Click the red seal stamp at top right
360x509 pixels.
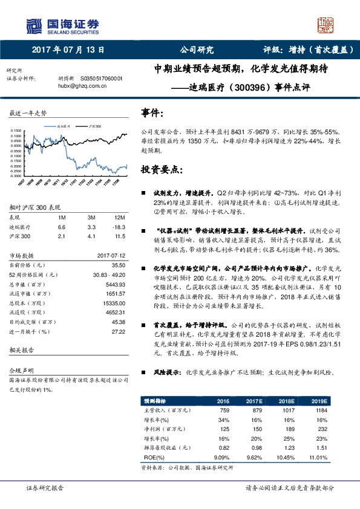327,25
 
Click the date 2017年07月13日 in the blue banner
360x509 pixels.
68,51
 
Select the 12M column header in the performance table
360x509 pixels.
119,217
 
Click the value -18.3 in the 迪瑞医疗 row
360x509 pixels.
119,226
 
